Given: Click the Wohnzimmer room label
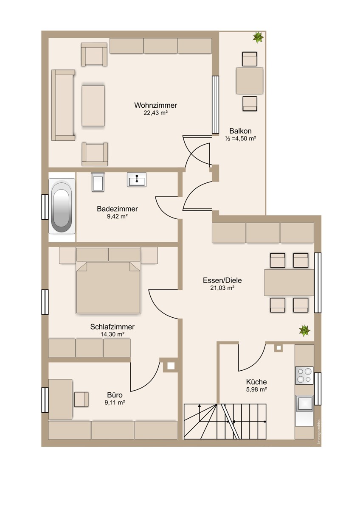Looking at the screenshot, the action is pyautogui.click(x=155, y=106).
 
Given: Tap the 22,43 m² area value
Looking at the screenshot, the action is pyautogui.click(x=155, y=113).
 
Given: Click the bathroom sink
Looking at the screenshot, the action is pyautogui.click(x=136, y=179).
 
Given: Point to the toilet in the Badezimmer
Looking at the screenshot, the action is pyautogui.click(x=98, y=182).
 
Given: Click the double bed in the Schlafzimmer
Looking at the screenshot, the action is pyautogui.click(x=108, y=288).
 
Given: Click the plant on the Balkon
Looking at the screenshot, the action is pyautogui.click(x=258, y=37).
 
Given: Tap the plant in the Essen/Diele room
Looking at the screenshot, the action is pyautogui.click(x=304, y=330).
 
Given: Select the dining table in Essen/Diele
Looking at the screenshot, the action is pyautogui.click(x=289, y=282).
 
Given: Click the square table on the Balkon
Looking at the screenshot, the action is pyautogui.click(x=250, y=81).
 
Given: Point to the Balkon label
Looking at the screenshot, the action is pyautogui.click(x=240, y=131).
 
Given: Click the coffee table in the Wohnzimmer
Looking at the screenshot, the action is pyautogui.click(x=93, y=106).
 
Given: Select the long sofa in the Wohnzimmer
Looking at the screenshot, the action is pyautogui.click(x=63, y=105).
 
